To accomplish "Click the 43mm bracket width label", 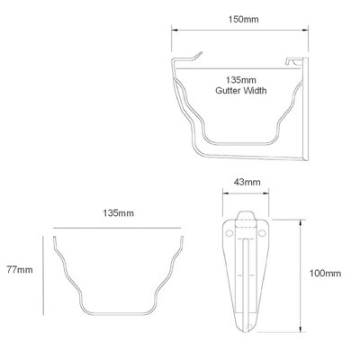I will [245, 182].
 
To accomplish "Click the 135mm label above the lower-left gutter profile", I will [119, 213].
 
